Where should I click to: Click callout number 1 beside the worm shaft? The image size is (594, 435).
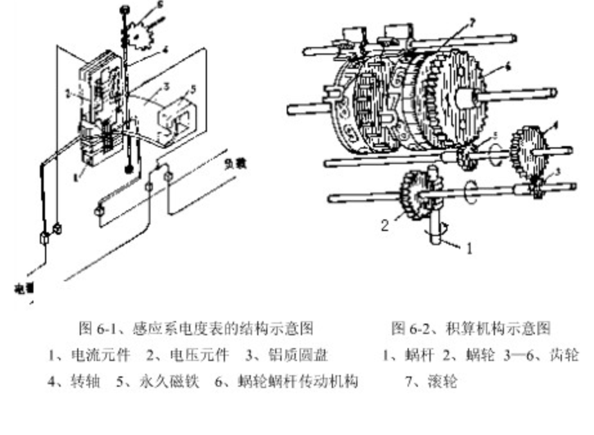click(469, 248)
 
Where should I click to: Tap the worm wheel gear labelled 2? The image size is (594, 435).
click(411, 197)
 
